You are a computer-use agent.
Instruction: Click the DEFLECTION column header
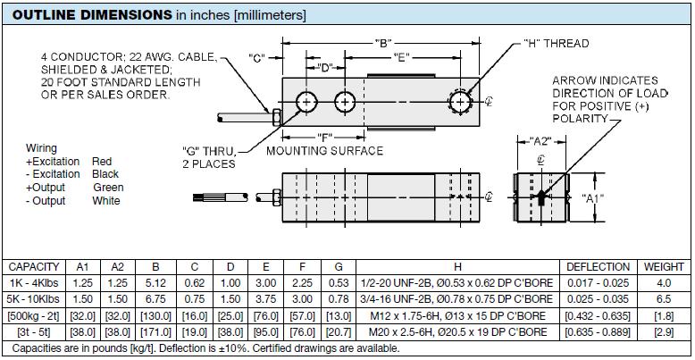point(599,267)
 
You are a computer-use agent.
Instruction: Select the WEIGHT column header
point(663,267)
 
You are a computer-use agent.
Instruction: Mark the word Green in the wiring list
point(108,188)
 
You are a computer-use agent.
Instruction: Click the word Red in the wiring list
point(102,162)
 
